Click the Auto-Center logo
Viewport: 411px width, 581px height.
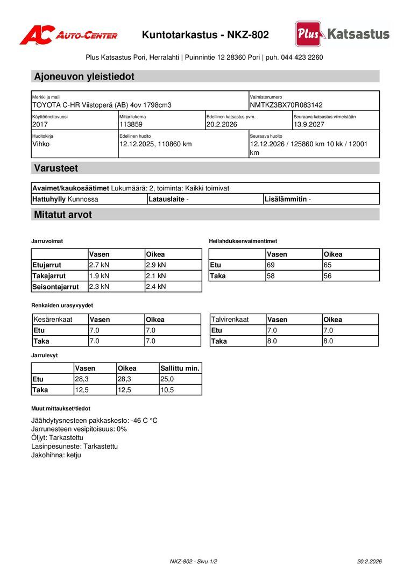coord(68,35)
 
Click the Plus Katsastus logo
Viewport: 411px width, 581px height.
coord(342,34)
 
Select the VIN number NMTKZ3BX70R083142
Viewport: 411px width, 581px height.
coord(286,105)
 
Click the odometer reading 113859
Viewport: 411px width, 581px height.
coord(131,124)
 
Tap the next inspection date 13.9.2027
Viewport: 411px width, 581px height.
coord(309,124)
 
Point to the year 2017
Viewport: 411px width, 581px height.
coord(40,124)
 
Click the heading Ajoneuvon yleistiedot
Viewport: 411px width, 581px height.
coord(84,76)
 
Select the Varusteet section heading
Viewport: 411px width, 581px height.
coord(56,168)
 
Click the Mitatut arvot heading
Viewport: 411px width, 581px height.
coord(63,215)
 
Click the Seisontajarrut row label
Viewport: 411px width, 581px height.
coord(56,287)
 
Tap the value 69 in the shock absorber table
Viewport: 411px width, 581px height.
coord(271,265)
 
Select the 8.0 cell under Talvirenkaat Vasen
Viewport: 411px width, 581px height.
coord(272,341)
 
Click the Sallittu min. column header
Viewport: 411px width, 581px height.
coord(180,369)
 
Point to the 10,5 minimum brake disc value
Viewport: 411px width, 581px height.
coord(167,390)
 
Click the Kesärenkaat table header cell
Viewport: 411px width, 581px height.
coord(53,320)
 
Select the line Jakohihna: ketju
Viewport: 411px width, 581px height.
coord(56,455)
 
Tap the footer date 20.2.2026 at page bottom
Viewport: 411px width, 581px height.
coord(369,561)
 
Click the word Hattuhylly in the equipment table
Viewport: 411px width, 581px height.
coord(49,199)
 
